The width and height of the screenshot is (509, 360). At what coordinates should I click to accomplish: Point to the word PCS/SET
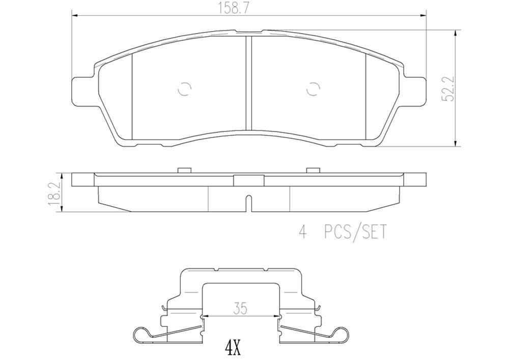pos(355,232)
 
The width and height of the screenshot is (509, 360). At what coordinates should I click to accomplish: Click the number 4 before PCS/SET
pos(303,232)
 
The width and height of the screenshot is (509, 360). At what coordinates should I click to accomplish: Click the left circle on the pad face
pos(184,90)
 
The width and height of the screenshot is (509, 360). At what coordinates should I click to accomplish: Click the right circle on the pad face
pos(313,90)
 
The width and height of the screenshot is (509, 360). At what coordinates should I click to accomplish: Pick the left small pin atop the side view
pos(183,170)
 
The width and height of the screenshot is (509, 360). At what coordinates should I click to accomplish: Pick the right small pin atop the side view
pos(313,170)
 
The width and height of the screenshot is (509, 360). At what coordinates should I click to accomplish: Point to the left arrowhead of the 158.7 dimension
pos(74,16)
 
